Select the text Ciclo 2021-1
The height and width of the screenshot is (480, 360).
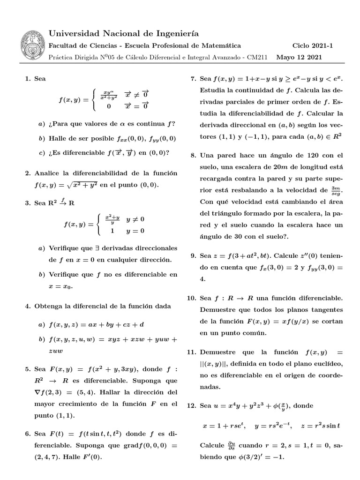pyautogui.click(x=312, y=46)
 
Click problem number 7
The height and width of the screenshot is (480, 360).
pyautogui.click(x=192, y=79)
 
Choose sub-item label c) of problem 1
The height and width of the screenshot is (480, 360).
pyautogui.click(x=42, y=152)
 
